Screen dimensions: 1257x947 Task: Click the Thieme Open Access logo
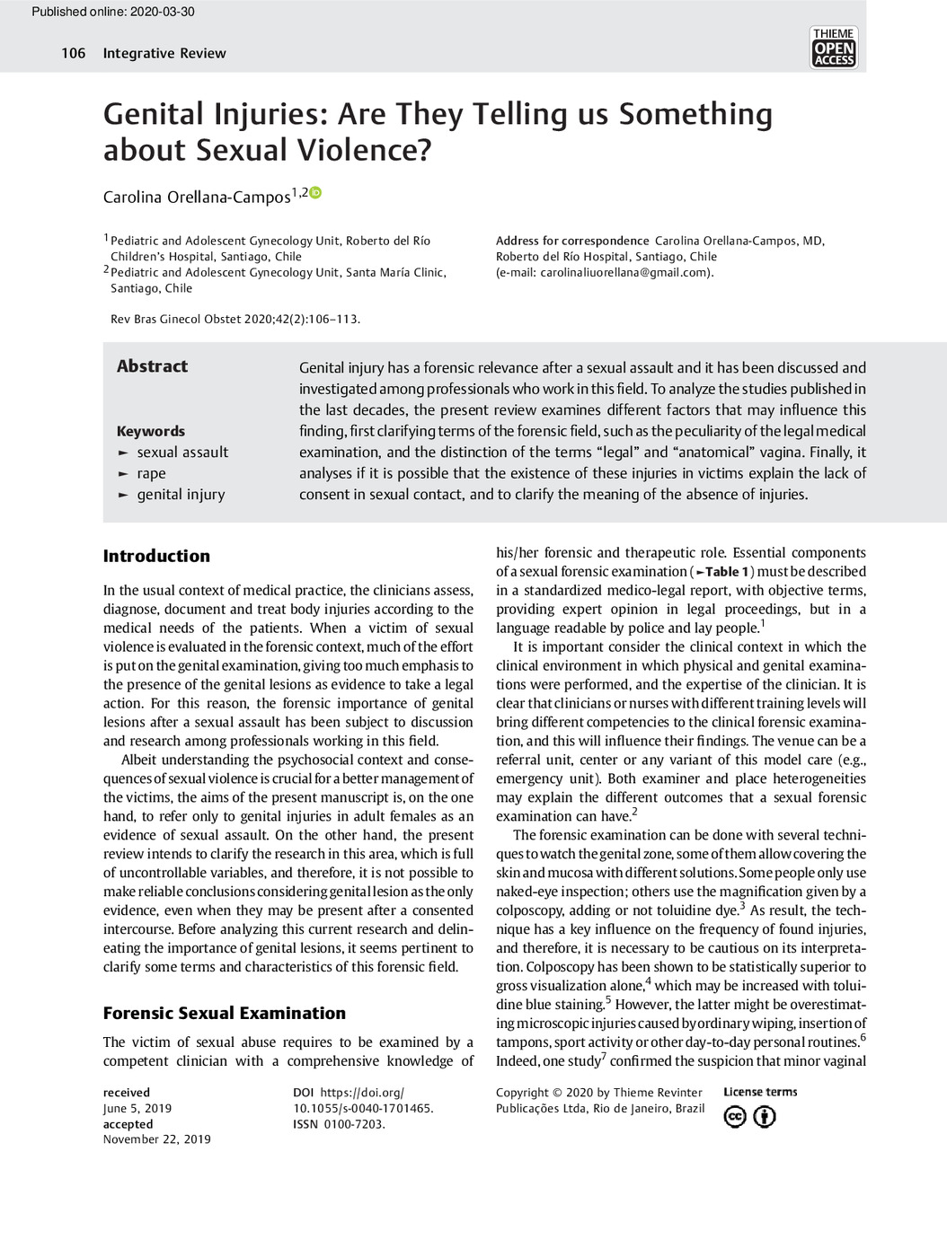833,48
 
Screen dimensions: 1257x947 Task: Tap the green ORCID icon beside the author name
315,193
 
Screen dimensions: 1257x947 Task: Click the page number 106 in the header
73,53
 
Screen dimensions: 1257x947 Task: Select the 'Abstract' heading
152,366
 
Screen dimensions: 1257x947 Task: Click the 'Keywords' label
150,431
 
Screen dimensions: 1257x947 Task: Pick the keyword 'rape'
151,473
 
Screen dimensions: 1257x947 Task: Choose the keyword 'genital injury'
181,494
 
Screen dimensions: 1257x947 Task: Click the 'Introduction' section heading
156,556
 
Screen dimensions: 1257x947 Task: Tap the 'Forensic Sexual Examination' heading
224,1013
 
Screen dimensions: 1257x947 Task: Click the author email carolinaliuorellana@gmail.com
624,272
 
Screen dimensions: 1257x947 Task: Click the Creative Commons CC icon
735,1117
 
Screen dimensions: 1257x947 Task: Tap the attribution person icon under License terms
765,1117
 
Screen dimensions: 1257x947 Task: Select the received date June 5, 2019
137,1108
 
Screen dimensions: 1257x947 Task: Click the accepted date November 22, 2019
156,1139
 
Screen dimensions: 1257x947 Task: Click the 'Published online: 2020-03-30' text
112,12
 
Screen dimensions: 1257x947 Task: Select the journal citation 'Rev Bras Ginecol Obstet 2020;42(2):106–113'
235,319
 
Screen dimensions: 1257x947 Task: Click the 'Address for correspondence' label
572,241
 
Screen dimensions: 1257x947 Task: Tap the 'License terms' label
760,1092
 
